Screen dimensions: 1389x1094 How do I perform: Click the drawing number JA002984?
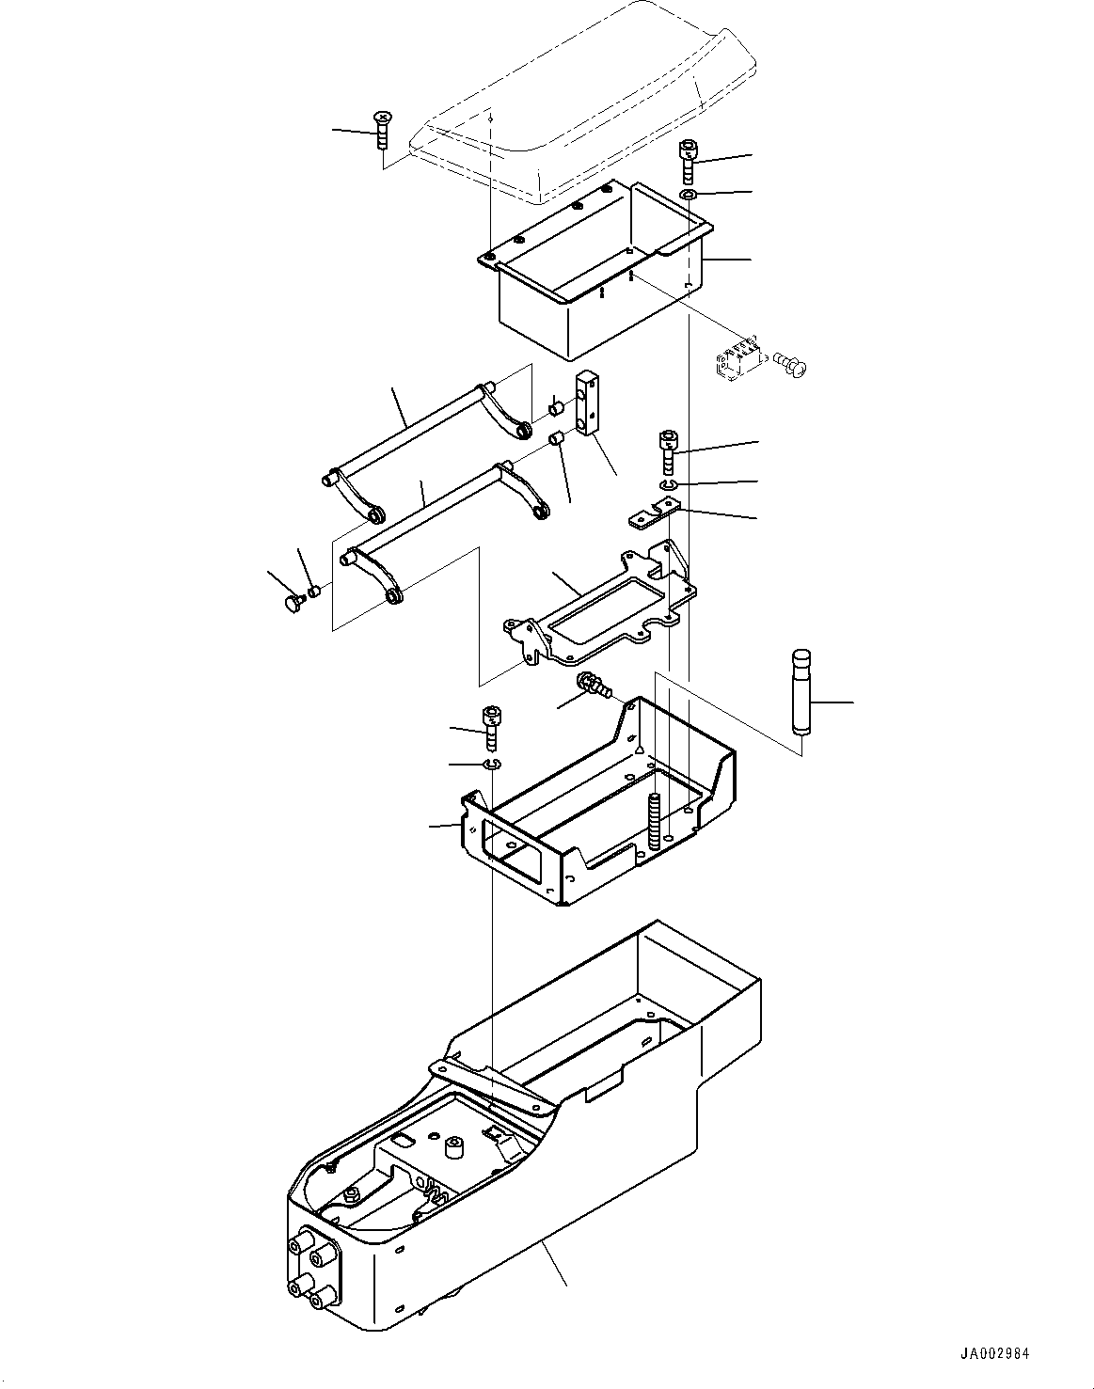(x=995, y=1354)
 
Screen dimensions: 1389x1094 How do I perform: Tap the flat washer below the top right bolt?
(x=689, y=195)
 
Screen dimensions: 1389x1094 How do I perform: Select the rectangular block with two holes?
(x=587, y=403)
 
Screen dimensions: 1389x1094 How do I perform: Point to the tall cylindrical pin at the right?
(x=801, y=691)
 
